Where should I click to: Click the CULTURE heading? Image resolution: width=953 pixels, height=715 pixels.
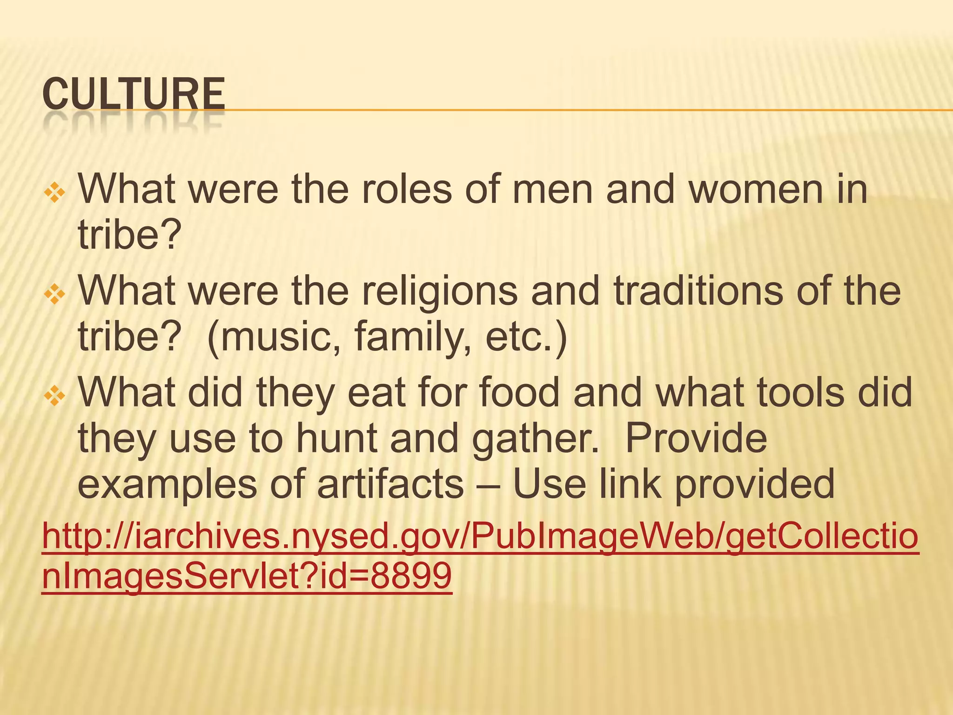(134, 94)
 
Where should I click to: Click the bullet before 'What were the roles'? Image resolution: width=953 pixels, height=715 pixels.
(54, 193)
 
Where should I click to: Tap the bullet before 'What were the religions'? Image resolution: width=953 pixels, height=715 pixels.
(54, 295)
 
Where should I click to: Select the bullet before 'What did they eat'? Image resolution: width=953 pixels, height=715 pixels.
(54, 396)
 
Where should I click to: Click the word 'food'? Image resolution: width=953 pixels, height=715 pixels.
(519, 393)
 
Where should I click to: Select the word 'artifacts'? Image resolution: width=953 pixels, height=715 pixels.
(390, 484)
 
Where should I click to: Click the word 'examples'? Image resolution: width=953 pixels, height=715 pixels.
(167, 484)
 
